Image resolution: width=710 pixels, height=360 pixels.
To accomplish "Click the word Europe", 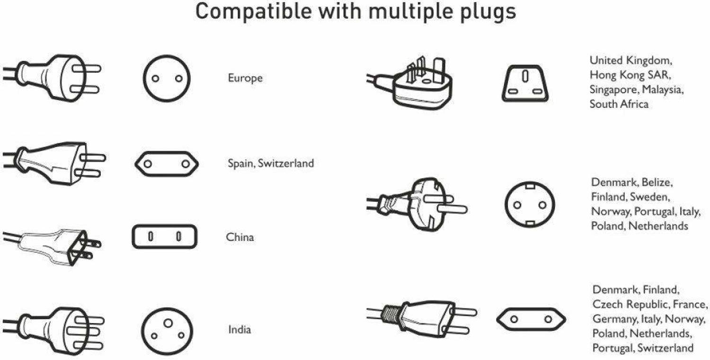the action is [x=245, y=78].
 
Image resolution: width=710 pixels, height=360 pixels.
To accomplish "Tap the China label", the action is [x=240, y=237].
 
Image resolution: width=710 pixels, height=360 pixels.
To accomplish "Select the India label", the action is [x=240, y=330].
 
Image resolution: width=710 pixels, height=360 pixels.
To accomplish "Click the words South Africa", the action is [x=619, y=104].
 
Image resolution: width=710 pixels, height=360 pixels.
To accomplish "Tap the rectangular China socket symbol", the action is [x=133, y=237].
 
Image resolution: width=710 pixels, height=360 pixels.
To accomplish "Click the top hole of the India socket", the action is [x=168, y=323].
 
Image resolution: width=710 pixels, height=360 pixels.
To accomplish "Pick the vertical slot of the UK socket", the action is [x=525, y=76].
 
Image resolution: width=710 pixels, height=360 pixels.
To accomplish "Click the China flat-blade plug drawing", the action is [x=52, y=247].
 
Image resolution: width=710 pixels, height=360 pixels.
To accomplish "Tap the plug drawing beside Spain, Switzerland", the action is [x=54, y=163].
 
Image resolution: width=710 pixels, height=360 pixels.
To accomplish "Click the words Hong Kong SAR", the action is [x=630, y=75].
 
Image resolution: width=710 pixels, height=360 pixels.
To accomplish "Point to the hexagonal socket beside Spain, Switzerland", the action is [x=136, y=164].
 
